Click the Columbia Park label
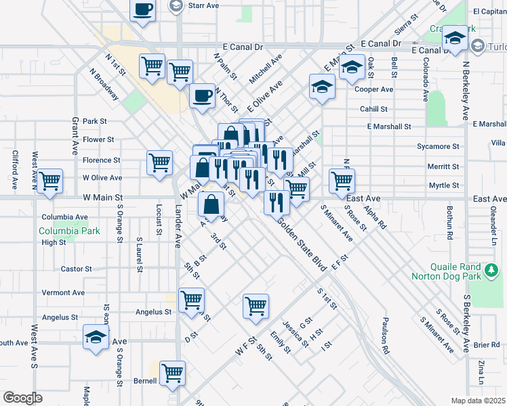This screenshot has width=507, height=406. [x=70, y=231]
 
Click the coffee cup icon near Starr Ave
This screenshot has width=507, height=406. [x=142, y=10]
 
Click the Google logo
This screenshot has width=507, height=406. [x=22, y=398]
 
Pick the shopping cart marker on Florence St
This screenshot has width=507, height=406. [x=159, y=162]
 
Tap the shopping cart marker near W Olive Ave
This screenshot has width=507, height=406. [x=49, y=182]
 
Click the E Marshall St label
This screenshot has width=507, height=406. [x=388, y=127]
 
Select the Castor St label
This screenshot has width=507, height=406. [x=76, y=269]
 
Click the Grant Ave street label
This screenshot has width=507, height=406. [x=75, y=135]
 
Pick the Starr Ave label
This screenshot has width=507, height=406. [x=203, y=5]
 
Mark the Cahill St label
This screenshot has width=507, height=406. [x=373, y=108]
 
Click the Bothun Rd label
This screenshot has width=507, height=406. [x=449, y=226]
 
